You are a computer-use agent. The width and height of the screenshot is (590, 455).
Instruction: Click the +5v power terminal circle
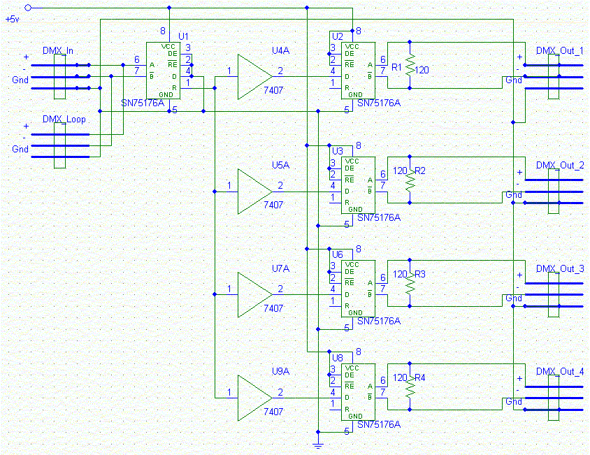pos(28,8)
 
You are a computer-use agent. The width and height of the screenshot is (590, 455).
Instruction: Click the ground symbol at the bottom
pos(318,446)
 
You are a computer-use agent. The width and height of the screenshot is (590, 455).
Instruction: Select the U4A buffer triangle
pos(254,77)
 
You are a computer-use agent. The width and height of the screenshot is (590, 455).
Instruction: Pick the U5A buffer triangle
pos(254,192)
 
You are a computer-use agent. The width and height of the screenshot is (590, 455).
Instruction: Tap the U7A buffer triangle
pos(254,295)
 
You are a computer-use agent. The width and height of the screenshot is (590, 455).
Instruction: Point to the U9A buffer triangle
pos(254,398)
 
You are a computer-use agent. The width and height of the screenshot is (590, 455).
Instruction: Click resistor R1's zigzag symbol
pos(410,65)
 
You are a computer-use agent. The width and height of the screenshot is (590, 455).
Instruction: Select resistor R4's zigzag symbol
pos(410,386)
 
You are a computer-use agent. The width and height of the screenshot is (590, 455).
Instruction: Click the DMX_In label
pos(58,51)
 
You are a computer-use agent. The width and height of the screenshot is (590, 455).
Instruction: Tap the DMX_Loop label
pos(64,120)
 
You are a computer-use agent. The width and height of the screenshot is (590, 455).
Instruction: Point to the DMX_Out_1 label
pos(559,51)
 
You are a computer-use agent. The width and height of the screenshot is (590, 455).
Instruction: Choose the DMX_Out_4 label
pos(559,372)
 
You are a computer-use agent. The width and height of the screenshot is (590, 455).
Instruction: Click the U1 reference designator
pos(183,36)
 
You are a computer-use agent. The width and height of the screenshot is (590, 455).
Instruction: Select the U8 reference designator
pos(337,358)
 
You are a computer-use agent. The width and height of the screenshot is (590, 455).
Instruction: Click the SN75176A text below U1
pos(143,103)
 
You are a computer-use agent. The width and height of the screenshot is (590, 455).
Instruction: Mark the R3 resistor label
pos(420,275)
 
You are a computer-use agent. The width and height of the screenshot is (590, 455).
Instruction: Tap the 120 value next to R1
pos(422,70)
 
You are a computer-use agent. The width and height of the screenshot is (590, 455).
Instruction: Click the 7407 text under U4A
pos(273,90)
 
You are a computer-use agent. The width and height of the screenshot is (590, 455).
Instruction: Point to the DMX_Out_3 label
pos(559,268)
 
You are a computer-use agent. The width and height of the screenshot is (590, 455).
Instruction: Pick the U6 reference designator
pos(337,255)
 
